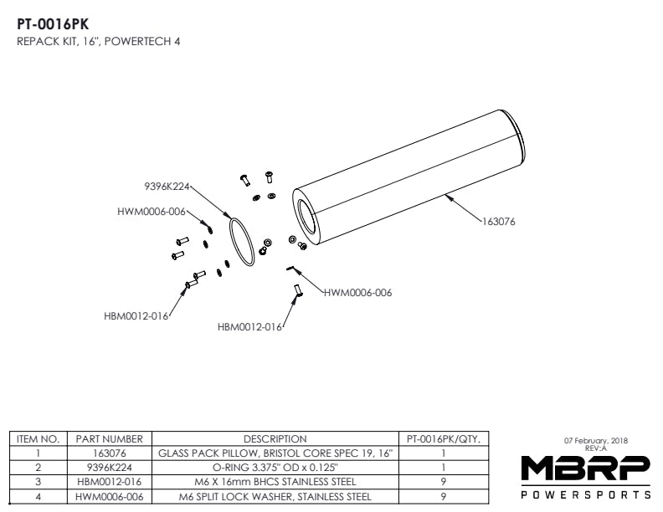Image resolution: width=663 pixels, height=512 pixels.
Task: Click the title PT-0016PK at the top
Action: [53, 24]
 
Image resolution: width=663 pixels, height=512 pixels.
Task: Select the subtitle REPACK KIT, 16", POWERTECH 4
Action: [99, 41]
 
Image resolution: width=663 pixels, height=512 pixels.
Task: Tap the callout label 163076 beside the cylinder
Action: [498, 222]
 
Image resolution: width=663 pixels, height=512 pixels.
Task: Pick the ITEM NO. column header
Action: [38, 438]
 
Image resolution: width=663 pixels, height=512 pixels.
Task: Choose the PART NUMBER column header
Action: [109, 438]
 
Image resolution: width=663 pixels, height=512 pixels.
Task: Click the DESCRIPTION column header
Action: [275, 438]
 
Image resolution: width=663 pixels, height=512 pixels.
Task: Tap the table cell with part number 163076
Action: [109, 453]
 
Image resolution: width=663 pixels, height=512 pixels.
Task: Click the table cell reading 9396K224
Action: [109, 467]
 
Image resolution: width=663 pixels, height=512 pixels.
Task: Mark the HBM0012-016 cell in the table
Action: [109, 482]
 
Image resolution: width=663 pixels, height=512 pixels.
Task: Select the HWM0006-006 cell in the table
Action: [109, 496]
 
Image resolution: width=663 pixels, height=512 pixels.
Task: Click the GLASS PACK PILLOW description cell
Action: [275, 453]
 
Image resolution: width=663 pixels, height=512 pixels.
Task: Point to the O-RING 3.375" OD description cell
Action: [275, 467]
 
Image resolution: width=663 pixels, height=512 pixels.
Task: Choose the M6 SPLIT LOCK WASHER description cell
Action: [275, 496]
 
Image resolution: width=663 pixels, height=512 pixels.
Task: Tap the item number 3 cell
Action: [38, 482]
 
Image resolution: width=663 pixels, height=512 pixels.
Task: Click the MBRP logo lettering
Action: [584, 468]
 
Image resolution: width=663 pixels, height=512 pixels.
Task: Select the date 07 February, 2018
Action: [596, 441]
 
